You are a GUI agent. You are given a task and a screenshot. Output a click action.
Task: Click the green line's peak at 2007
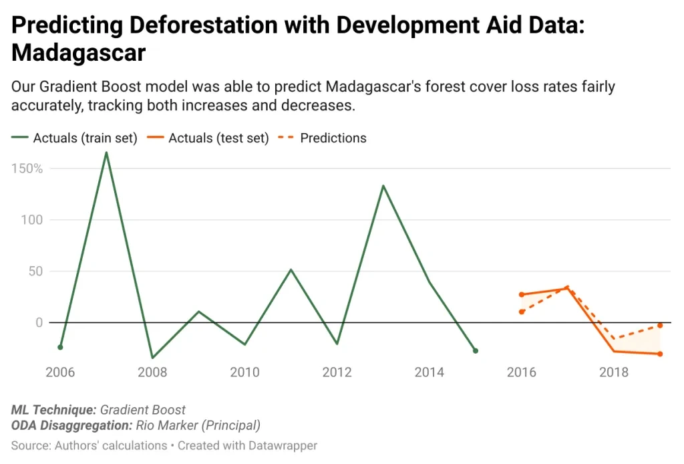point(106,153)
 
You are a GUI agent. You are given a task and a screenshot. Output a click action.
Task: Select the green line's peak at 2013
point(383,186)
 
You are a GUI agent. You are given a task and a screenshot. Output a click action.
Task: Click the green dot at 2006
point(60,347)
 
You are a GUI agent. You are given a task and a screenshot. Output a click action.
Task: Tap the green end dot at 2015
point(476,350)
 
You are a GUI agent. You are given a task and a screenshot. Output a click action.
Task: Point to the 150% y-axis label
point(27,168)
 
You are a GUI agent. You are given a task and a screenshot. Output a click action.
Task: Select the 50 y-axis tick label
point(35,271)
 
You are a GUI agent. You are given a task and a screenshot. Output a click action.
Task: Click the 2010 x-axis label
point(244,372)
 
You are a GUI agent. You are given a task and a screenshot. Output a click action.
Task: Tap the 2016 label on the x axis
point(522,372)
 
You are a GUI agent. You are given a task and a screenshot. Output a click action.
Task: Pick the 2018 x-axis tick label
point(614,372)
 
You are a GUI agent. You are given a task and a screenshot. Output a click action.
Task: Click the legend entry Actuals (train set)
point(74,138)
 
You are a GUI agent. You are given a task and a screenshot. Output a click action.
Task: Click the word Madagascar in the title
point(79,53)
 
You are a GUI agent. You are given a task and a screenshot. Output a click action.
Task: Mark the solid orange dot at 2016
point(522,294)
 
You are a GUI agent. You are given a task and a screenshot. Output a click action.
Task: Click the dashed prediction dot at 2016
point(522,312)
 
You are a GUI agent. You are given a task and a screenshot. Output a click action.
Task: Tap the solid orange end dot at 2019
point(660,354)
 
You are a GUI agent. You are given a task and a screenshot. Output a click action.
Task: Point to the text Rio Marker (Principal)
point(198,425)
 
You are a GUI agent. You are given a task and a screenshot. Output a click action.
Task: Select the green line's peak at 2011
point(291,270)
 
